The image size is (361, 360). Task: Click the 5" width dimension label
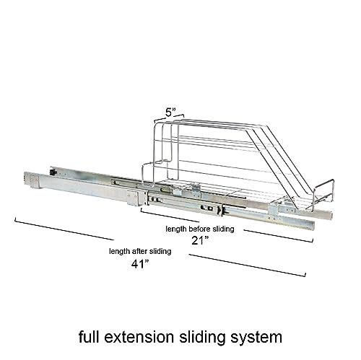point(170,112)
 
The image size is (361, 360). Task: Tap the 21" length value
point(200,240)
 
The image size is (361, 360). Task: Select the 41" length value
point(140,264)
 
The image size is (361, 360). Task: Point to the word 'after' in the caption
point(140,251)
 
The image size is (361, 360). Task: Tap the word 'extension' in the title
point(139,337)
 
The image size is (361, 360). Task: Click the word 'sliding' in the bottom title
point(202,338)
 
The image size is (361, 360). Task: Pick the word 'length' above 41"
point(119,252)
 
